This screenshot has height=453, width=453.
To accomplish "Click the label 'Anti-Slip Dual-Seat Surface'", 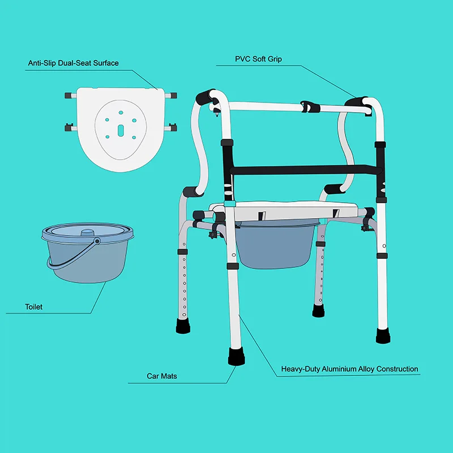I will tap(74, 63).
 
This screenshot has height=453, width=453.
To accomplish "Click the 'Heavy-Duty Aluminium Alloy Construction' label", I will tap(350, 369).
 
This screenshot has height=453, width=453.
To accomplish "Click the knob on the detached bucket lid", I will tap(88, 233).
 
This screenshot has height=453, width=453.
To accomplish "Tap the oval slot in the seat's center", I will tap(120, 129).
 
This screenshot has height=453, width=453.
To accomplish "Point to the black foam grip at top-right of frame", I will tap(359, 101).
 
